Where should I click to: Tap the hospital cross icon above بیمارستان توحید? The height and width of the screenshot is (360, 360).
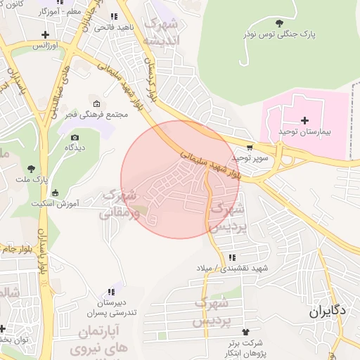tap(304, 120)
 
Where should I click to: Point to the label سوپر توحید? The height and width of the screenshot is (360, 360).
tap(252, 159)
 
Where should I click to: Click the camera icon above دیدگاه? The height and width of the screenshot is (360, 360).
tap(75, 137)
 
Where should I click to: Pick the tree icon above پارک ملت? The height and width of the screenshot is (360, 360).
tap(31, 167)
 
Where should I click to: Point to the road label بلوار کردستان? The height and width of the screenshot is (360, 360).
tap(152, 75)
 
